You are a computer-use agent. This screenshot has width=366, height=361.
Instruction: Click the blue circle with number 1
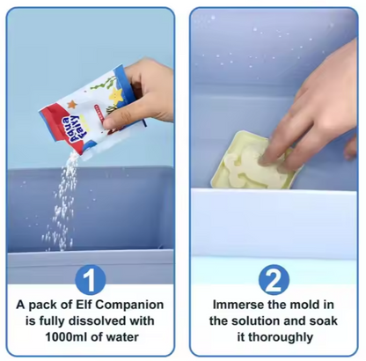91,279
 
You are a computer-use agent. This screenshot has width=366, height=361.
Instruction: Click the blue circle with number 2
274,279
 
